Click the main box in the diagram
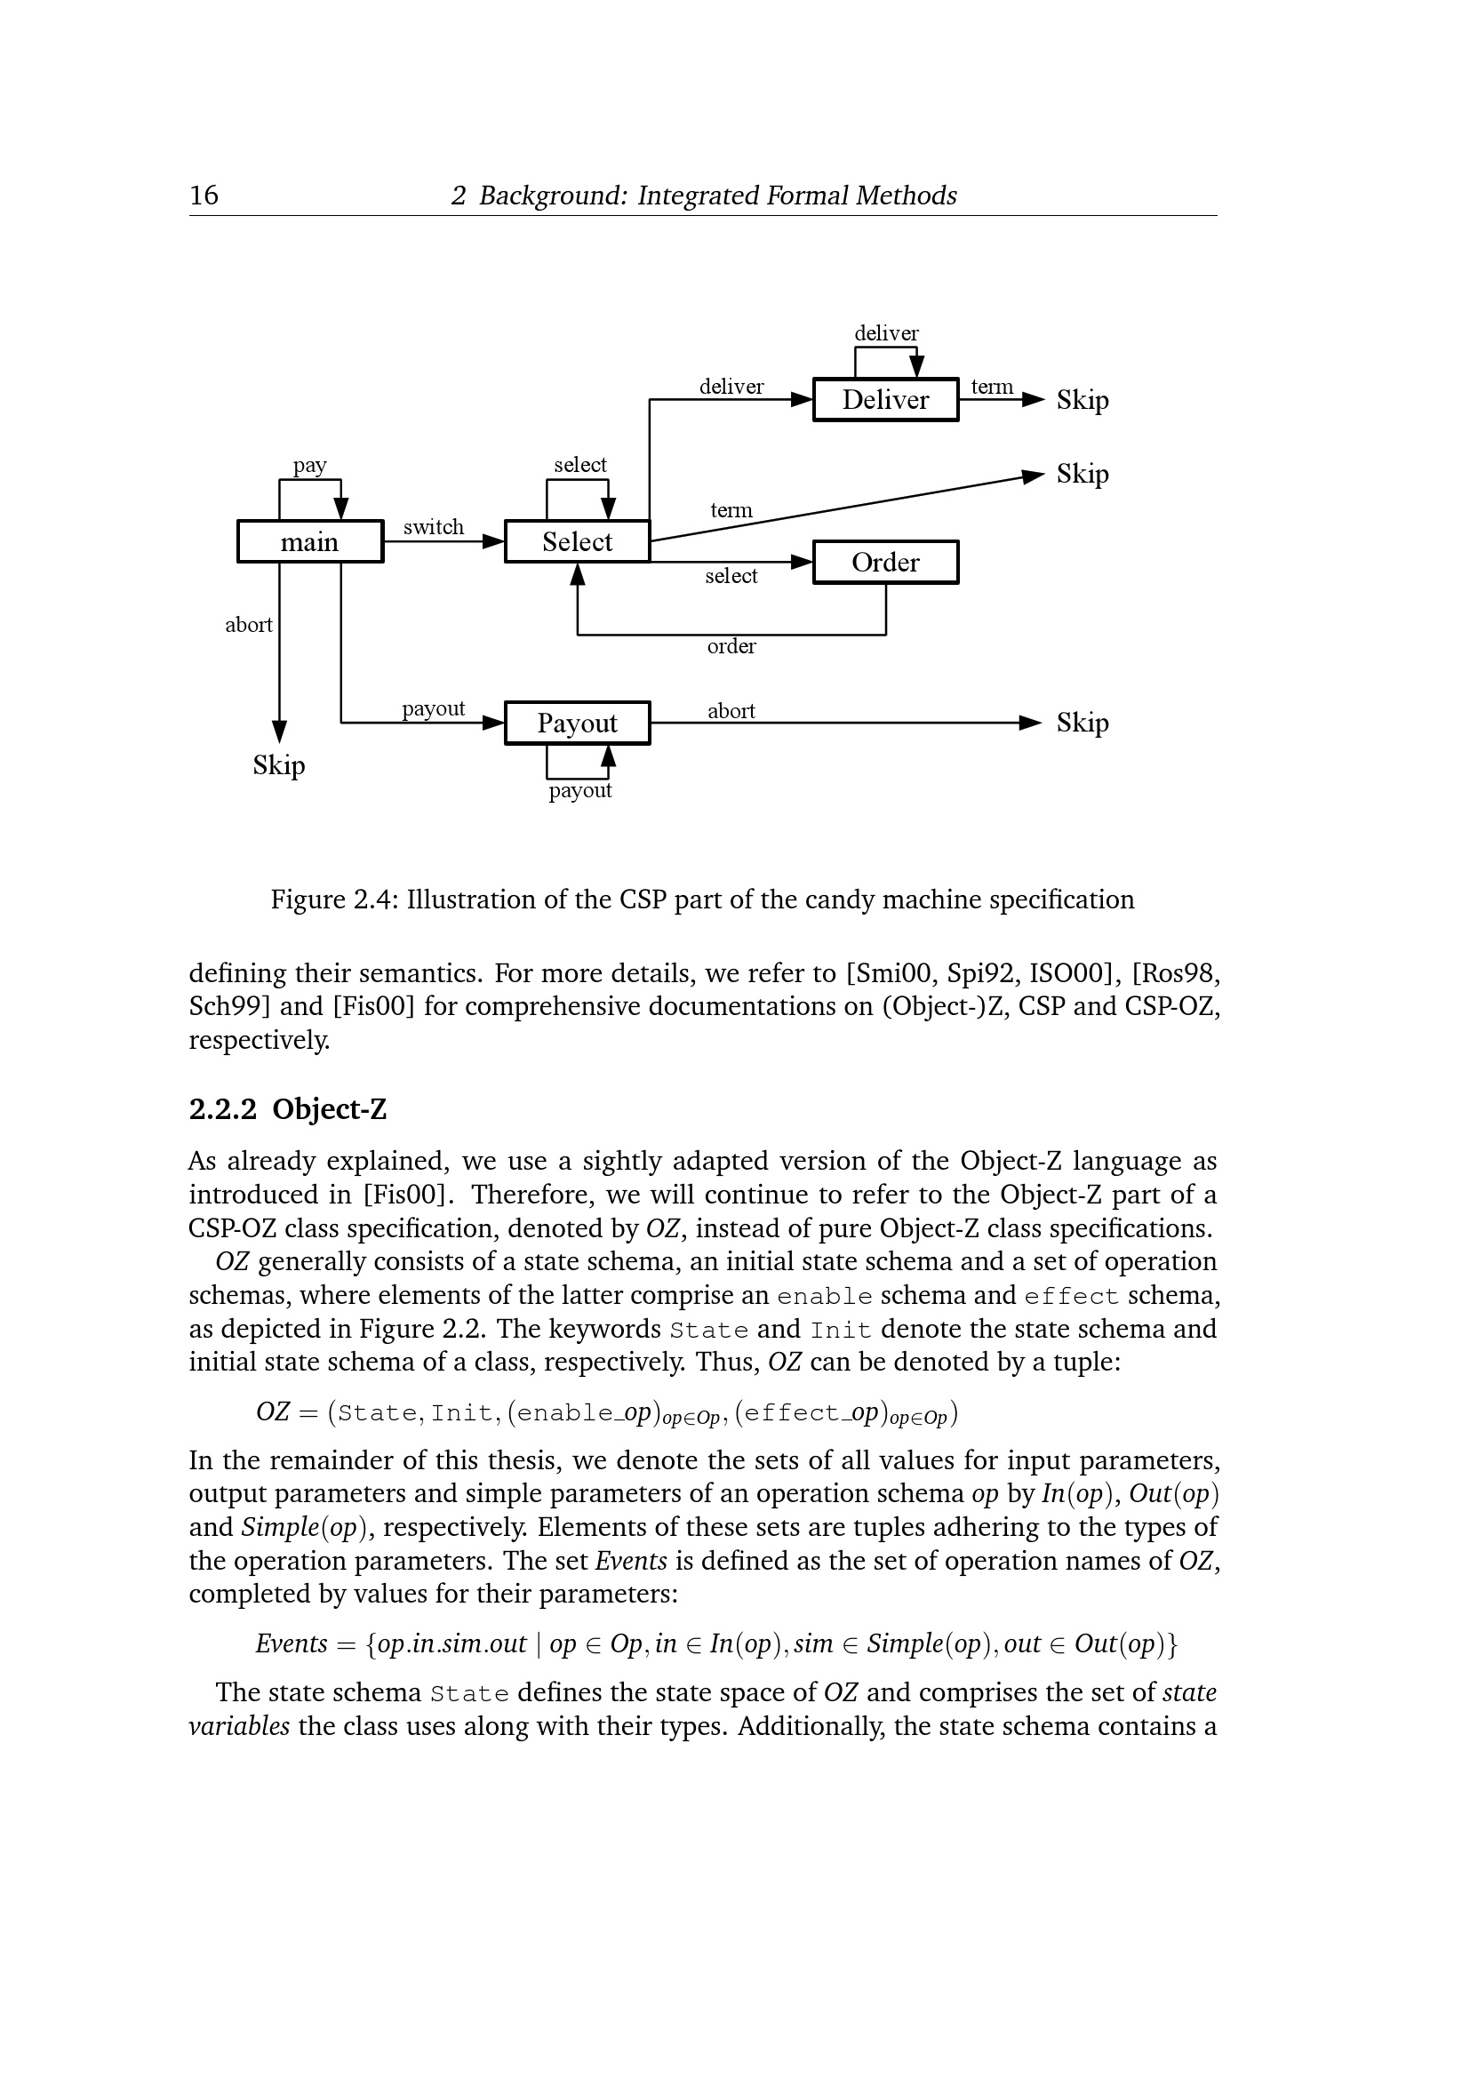tap(309, 541)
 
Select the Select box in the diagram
tap(577, 541)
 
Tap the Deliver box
tap(885, 399)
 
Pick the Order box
tap(885, 563)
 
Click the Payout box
tap(577, 723)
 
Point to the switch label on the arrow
tap(433, 527)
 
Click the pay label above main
tap(309, 466)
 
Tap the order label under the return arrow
tap(731, 646)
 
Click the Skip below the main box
tap(279, 765)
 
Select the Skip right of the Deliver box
tap(1082, 399)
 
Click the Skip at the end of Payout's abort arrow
tap(1082, 723)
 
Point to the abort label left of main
tap(248, 625)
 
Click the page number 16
tap(204, 196)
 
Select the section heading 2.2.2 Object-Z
tap(287, 1109)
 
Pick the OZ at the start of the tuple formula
tap(272, 1411)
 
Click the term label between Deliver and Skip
tap(991, 387)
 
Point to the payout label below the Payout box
tap(579, 790)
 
